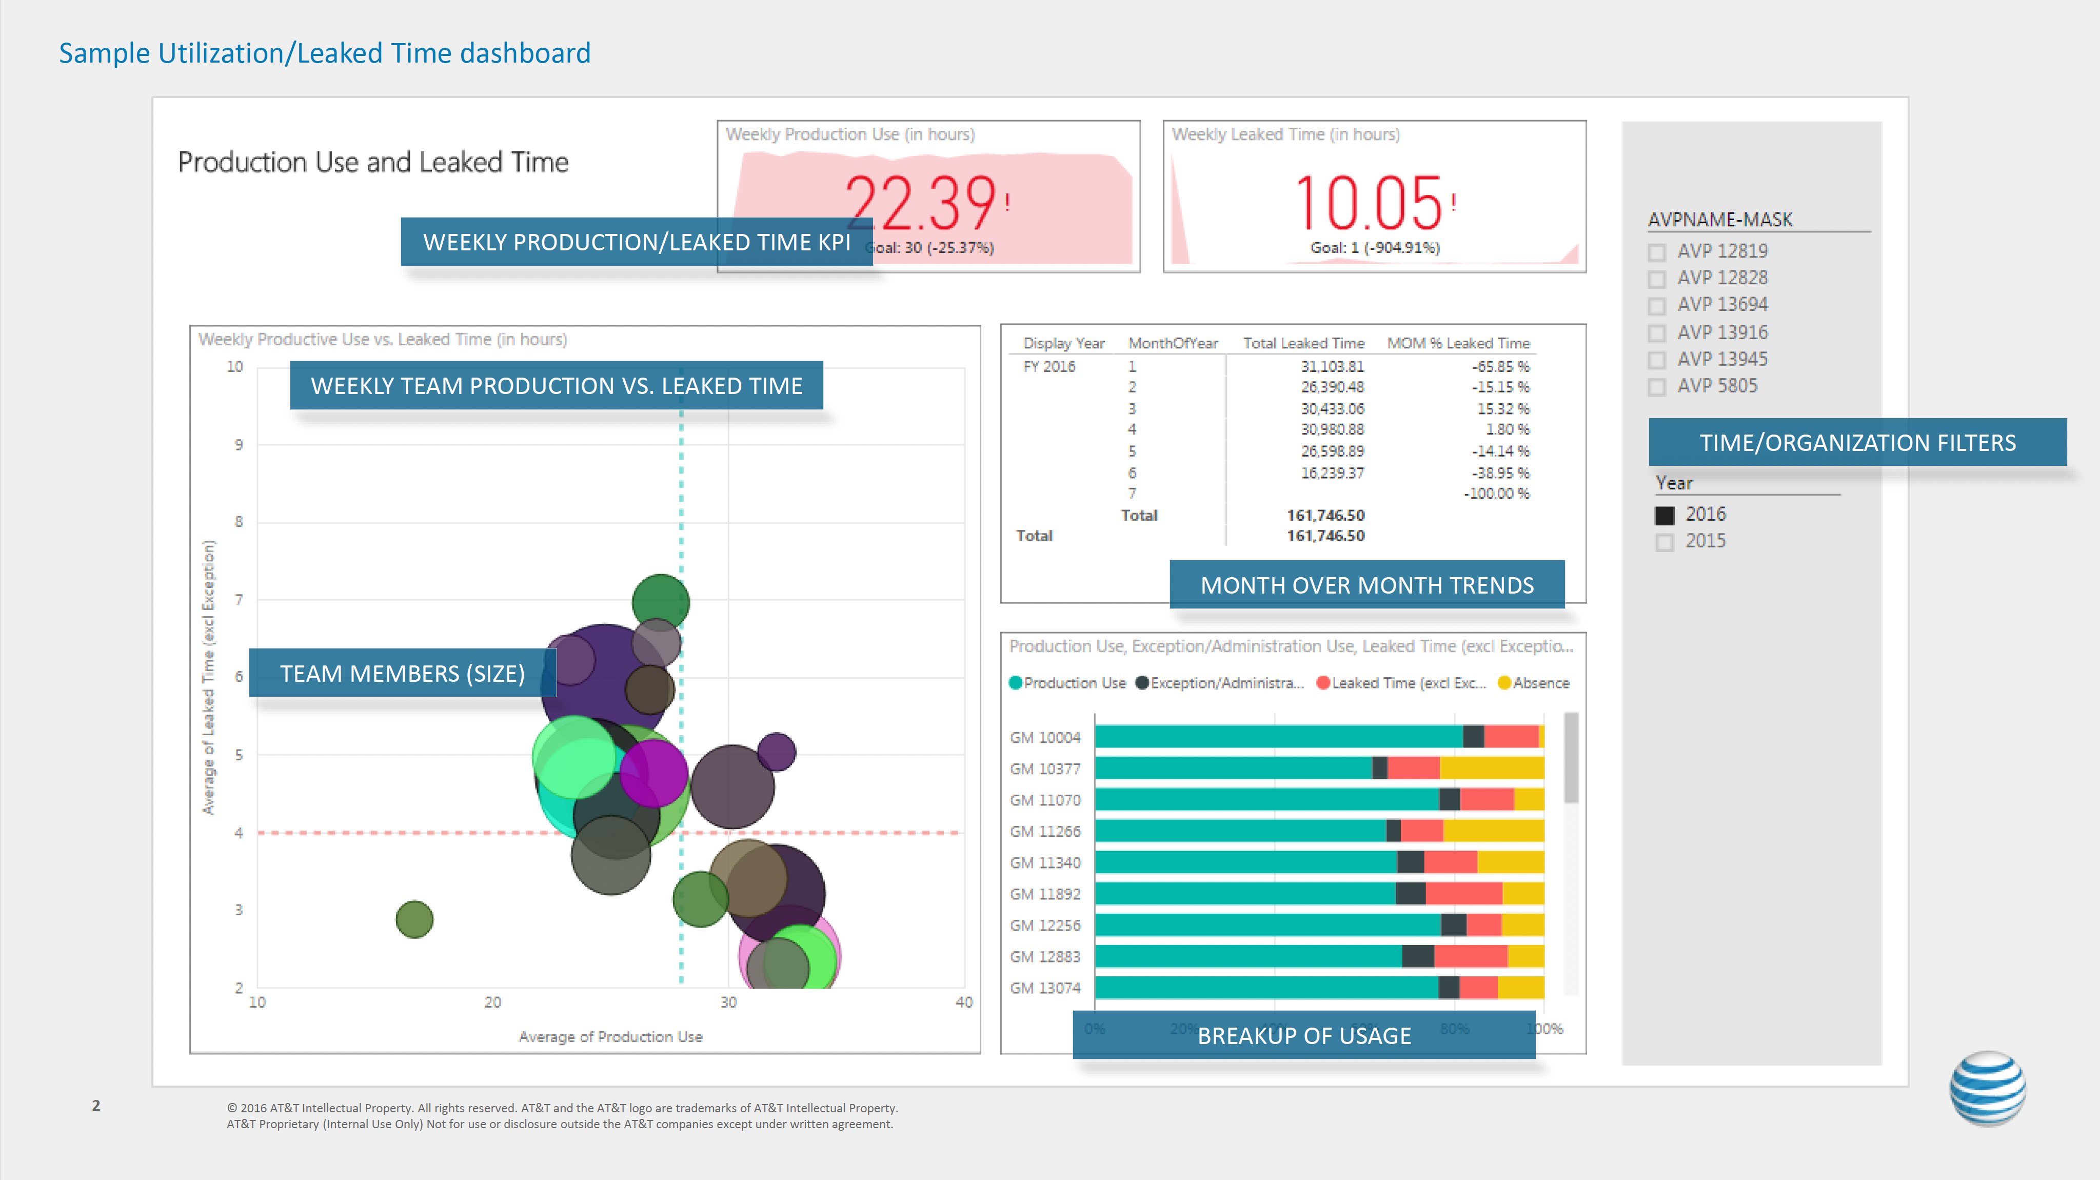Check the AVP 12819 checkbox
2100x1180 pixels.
pos(1656,252)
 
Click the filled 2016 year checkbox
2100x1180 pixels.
pos(1665,516)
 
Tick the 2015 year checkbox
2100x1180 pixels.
pos(1665,542)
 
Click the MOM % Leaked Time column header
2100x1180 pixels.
pos(1458,343)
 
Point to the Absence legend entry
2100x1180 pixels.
pos(1534,683)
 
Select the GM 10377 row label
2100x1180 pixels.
pos(1045,769)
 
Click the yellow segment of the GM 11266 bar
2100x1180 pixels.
pos(1494,831)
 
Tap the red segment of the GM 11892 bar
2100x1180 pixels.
pos(1464,894)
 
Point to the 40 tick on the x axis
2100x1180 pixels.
pos(964,1002)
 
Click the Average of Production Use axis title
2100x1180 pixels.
pos(610,1036)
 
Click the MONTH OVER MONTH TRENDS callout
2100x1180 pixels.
pos(1366,585)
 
